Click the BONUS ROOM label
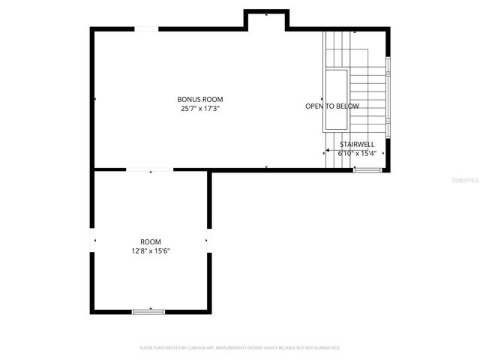pyautogui.click(x=200, y=99)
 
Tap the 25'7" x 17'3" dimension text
pyautogui.click(x=200, y=108)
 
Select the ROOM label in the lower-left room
pyautogui.click(x=151, y=241)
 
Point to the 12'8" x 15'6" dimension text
pyautogui.click(x=151, y=250)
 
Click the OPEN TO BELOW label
pyautogui.click(x=332, y=106)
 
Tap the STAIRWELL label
pyautogui.click(x=357, y=144)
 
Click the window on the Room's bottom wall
pyautogui.click(x=148, y=311)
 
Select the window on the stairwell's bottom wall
pyautogui.click(x=367, y=170)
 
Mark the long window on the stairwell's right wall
pyautogui.click(x=388, y=97)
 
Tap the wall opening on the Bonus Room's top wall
pyautogui.click(x=146, y=28)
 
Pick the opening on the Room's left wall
pyautogui.click(x=93, y=240)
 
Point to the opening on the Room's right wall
pyautogui.click(x=209, y=240)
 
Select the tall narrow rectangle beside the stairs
pyautogui.click(x=335, y=100)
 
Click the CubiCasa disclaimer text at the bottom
pyautogui.click(x=240, y=348)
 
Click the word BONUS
pyautogui.click(x=188, y=99)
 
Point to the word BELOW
pyautogui.click(x=348, y=106)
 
